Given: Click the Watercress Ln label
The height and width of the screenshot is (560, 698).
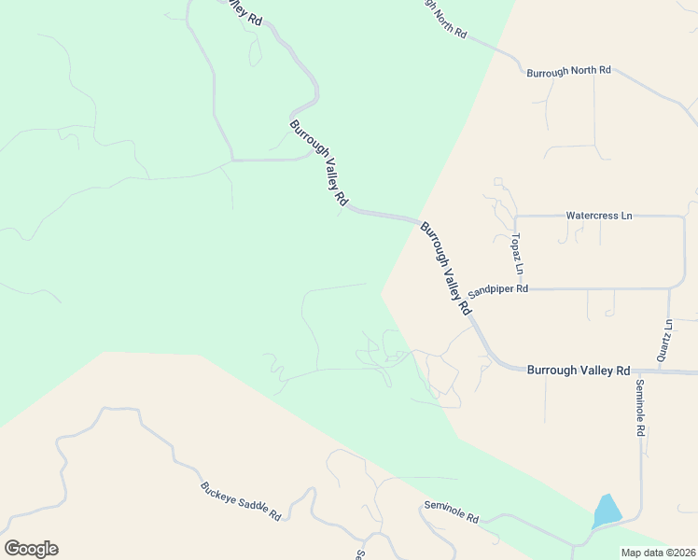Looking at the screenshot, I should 599,216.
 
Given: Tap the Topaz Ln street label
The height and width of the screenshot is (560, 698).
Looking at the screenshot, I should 515,254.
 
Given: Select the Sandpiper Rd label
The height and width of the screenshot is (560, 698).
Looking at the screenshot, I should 498,289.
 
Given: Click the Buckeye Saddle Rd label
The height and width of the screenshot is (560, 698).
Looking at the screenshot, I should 241,501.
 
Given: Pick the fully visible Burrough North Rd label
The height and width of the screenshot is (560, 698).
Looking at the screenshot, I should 568,71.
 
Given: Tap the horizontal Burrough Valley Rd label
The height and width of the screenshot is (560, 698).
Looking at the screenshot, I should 579,371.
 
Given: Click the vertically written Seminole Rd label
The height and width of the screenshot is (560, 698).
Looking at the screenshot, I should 641,409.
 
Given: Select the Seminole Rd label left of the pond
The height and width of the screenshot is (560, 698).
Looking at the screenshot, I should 451,511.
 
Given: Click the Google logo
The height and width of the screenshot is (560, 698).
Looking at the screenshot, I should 31,549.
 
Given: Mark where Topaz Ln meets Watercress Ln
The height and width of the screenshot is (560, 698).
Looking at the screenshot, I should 516,216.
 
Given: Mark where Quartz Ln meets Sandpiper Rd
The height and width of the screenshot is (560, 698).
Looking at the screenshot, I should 670,288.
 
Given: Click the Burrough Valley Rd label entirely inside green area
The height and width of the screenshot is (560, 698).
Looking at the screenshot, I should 318,163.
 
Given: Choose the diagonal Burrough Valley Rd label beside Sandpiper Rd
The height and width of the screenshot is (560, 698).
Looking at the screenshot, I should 445,269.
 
